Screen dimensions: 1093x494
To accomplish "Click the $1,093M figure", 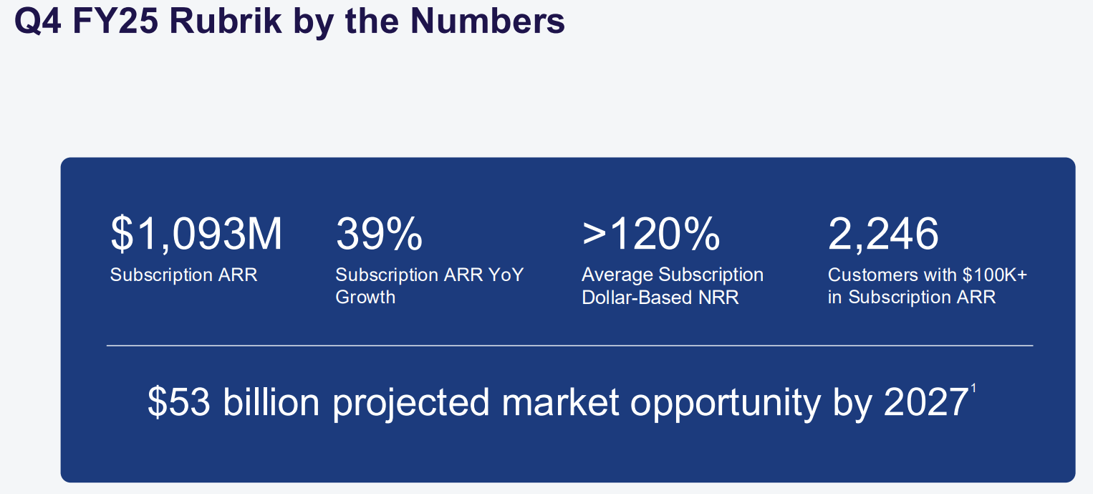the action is click(196, 234).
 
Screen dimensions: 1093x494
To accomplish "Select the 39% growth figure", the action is click(379, 234).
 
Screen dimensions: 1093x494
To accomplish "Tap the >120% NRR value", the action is click(651, 234).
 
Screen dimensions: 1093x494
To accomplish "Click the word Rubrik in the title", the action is click(226, 21).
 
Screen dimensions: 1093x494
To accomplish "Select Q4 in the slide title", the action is click(38, 22).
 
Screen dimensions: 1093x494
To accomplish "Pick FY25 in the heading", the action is click(115, 21).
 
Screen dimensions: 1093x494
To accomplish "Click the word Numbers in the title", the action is click(488, 21).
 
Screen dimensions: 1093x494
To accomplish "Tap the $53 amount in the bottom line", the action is click(179, 402).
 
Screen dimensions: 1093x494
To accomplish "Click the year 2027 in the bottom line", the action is click(925, 402).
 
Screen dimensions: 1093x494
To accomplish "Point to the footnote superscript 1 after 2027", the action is click(973, 389).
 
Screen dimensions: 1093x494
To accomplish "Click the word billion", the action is click(271, 402).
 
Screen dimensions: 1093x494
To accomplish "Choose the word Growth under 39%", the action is click(365, 297).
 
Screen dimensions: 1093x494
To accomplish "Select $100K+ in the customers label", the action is click(994, 275).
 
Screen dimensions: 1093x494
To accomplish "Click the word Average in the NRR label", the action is click(617, 275).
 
